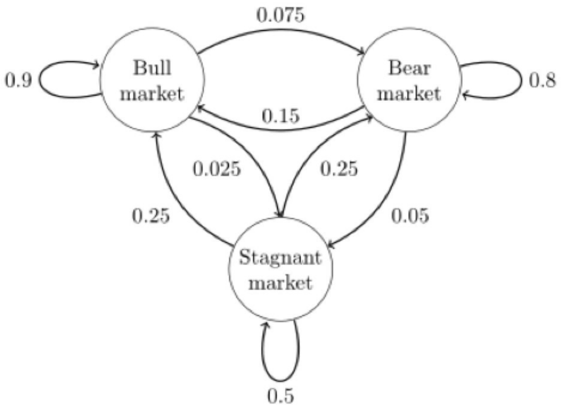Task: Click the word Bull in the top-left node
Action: tap(152, 67)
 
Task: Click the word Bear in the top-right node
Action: tap(409, 68)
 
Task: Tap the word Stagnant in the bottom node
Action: tap(280, 257)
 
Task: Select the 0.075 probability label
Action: tap(281, 15)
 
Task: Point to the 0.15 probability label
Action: tap(280, 116)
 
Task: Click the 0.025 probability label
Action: tap(216, 169)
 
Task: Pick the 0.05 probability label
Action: tap(410, 216)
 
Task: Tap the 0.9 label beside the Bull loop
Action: tap(18, 79)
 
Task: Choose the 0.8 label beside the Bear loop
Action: tap(542, 79)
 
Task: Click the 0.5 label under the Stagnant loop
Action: tap(281, 396)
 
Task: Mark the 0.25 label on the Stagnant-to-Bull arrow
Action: tap(151, 216)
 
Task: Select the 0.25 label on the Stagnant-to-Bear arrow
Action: tap(339, 168)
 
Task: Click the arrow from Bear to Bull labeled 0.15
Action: tap(280, 129)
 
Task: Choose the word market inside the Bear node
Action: tap(409, 94)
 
